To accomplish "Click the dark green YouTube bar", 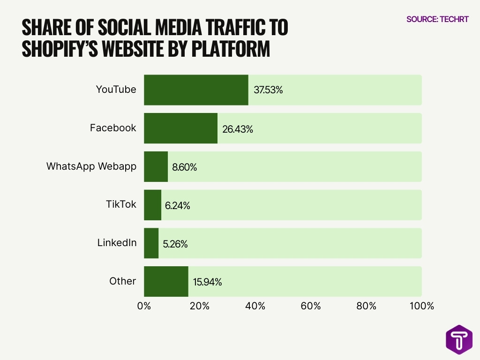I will pos(196,90).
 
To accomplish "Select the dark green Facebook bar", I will pos(180,128).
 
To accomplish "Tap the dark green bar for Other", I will pos(166,282).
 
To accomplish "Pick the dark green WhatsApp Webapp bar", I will pos(156,167).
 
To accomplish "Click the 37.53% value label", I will pos(268,90).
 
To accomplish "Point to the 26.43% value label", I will pos(237,129).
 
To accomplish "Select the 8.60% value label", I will pos(184,167).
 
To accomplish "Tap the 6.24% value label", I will pos(177,206).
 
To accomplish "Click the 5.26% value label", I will pos(175,244).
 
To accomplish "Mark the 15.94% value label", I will pos(207,282).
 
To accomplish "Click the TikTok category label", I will pos(121,204).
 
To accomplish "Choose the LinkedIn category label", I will pos(117,243).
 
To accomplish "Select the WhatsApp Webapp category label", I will pos(91,166).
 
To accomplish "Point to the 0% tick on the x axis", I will pos(144,307).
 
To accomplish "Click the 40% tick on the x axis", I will pos(255,307).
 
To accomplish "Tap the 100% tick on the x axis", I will pos(421,307).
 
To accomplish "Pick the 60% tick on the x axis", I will pos(311,307).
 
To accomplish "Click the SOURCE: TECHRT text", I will pos(437,19).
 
